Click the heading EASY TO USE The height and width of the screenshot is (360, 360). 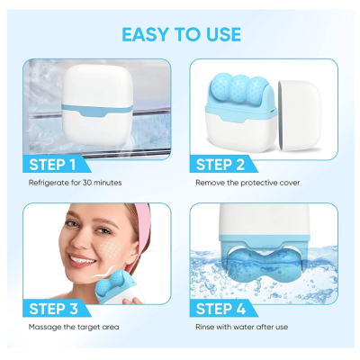click(181, 34)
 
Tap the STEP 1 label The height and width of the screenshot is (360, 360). click(52, 165)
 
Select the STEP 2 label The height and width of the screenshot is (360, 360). click(220, 165)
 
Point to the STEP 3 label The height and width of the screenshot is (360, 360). click(53, 309)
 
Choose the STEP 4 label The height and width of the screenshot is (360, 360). click(220, 309)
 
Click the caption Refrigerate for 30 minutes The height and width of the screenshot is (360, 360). click(75, 183)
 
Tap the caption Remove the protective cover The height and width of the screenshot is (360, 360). click(247, 183)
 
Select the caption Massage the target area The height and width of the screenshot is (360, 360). click(74, 327)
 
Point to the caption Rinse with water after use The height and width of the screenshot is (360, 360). click(242, 327)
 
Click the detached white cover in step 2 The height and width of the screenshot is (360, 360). click(300, 114)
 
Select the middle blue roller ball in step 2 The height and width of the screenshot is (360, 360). click(239, 86)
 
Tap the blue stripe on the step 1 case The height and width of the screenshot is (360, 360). click(97, 110)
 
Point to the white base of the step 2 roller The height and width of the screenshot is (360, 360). click(240, 133)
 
